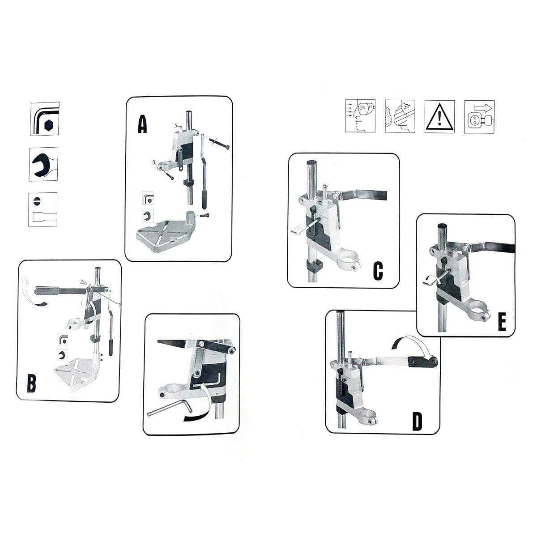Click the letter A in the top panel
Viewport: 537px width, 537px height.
142,124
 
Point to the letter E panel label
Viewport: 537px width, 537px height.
502,322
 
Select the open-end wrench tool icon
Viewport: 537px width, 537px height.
43,164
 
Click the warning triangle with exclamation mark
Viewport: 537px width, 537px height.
439,116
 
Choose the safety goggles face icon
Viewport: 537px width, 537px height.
360,116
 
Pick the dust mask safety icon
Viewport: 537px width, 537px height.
400,116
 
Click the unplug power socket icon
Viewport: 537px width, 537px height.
479,116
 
